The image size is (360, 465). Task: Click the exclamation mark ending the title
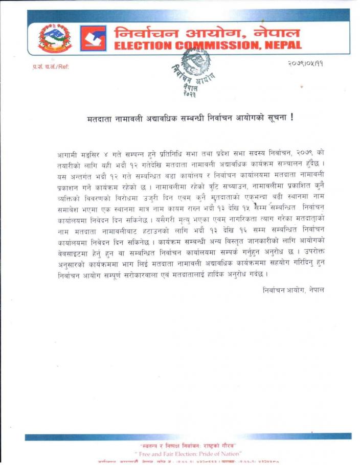click(x=292, y=118)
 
